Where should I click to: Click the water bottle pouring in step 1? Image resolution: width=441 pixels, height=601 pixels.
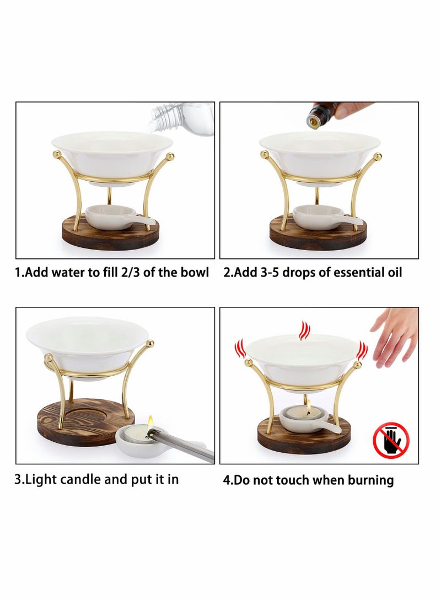coord(185,118)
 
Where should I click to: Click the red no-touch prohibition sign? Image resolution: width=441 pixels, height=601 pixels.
coord(391,441)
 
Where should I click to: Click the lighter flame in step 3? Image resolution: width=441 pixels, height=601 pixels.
coord(149,421)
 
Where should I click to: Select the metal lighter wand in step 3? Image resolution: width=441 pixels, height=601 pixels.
coord(182,445)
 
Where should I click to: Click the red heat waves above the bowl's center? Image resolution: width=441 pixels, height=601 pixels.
coord(304,331)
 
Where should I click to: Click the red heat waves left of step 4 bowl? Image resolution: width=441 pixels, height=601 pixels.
coord(240,349)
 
